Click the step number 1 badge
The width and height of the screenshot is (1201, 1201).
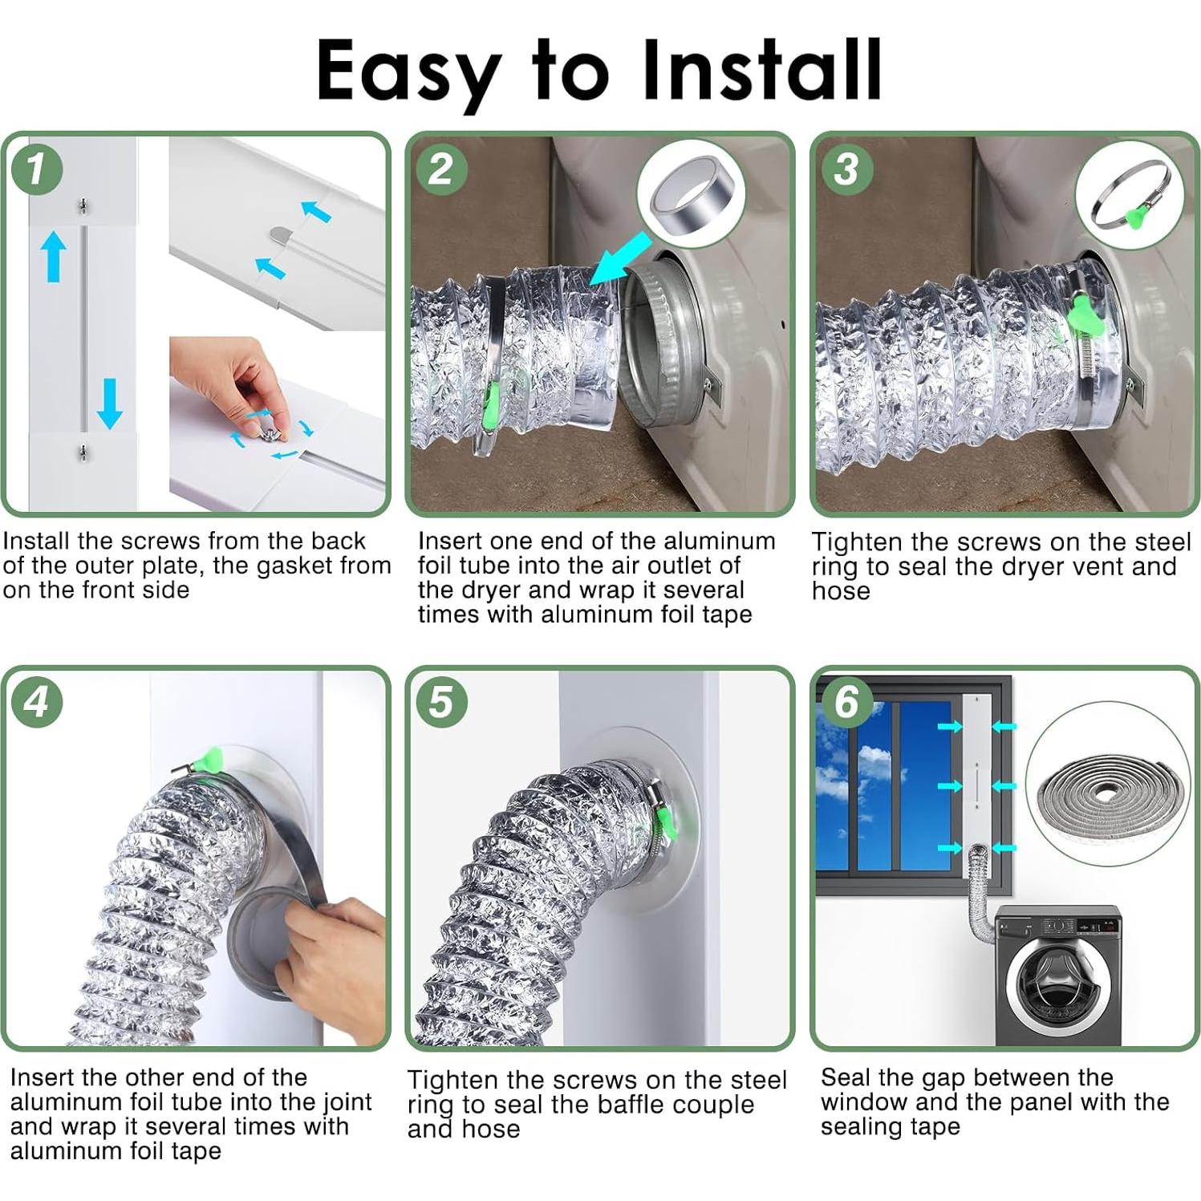click(35, 168)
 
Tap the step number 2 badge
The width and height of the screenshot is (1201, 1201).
click(440, 168)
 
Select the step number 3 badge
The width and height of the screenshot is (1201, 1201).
click(846, 168)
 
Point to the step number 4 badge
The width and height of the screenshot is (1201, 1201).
click(37, 703)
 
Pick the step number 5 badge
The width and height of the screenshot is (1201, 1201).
click(441, 703)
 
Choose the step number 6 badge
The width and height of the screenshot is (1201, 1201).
click(846, 703)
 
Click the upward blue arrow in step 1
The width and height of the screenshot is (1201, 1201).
click(54, 256)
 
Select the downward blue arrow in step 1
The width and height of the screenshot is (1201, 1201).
click(109, 404)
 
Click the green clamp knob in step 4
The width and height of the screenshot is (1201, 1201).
click(210, 758)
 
